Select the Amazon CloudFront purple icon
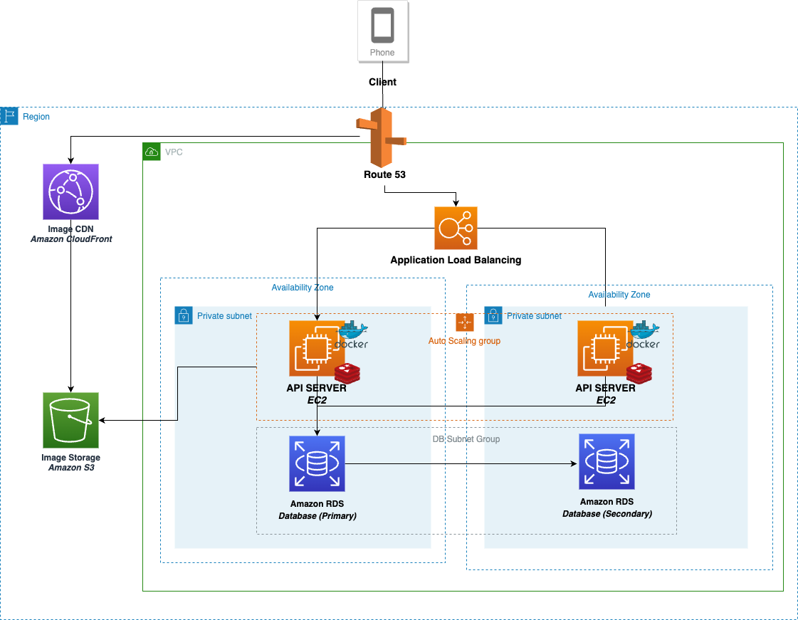click(70, 191)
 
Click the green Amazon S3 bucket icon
click(70, 420)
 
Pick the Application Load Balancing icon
click(456, 228)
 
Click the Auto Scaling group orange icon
click(465, 322)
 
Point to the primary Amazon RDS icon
click(317, 464)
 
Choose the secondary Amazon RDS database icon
click(607, 461)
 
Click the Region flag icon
click(9, 116)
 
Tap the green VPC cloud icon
click(152, 152)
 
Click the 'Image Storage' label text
click(70, 458)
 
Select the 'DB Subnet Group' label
click(466, 439)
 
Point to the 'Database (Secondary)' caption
click(607, 513)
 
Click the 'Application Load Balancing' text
click(456, 261)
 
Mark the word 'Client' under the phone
click(382, 82)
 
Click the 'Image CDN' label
click(70, 229)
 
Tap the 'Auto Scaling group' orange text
click(464, 341)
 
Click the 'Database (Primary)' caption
click(317, 515)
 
